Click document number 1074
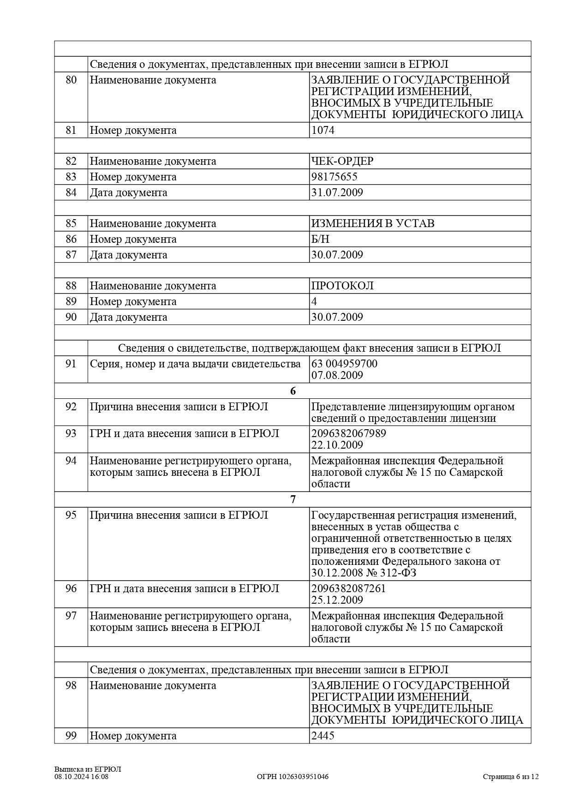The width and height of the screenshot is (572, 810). coord(323,130)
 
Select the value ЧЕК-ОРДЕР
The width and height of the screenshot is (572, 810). coord(342,161)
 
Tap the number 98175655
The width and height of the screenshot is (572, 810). coord(334,177)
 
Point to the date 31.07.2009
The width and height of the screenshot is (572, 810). coord(337,192)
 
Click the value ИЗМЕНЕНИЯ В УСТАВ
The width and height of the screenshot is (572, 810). coord(373,223)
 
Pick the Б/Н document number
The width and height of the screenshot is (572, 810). coord(320,239)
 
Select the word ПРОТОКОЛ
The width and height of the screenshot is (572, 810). coord(342,286)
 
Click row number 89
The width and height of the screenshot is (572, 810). coord(71,301)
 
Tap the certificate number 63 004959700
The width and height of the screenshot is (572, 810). coord(344,364)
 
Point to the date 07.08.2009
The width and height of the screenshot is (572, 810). coord(337,375)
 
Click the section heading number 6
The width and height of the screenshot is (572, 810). coord(293,391)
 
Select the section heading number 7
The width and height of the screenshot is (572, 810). coord(293,499)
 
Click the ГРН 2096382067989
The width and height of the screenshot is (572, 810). coord(349,433)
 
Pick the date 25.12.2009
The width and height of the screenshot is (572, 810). coord(337,600)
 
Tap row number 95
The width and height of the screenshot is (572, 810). coord(71,515)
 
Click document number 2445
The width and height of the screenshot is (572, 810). coord(323,736)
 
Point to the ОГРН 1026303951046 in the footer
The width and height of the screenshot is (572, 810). coord(292,777)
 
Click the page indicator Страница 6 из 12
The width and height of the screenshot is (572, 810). coord(511,777)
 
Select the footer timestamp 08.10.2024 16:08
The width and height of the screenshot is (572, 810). coord(81,777)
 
